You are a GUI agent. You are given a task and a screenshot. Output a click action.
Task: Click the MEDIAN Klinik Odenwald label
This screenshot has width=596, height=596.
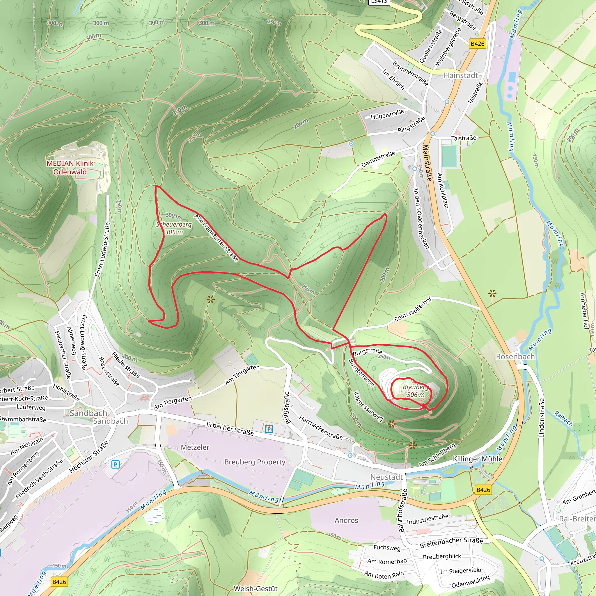[70, 168]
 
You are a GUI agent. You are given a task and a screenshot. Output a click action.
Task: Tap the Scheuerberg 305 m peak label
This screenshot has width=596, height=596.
[174, 228]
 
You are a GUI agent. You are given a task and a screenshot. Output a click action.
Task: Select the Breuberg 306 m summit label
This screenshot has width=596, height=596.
[416, 391]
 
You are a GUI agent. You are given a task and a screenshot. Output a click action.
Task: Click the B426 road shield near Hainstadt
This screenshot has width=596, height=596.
[477, 43]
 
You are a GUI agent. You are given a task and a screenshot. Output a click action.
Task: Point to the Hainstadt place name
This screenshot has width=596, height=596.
[461, 75]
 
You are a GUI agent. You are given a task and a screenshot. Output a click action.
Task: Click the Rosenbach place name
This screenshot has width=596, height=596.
[515, 356]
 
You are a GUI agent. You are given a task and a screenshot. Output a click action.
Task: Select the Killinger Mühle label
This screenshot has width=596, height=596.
[477, 459]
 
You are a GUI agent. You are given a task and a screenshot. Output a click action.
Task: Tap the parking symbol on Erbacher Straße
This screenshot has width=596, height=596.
[269, 429]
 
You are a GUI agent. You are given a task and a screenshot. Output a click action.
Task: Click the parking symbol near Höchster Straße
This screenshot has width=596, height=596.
[115, 464]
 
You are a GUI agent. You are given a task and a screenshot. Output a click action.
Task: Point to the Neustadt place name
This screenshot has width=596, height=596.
[386, 477]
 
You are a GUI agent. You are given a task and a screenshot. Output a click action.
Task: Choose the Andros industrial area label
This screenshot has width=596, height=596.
[346, 520]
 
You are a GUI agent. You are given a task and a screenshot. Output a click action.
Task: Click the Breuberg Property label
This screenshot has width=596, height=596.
[255, 462]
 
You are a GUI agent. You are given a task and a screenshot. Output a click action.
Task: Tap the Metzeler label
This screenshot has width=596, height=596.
[195, 447]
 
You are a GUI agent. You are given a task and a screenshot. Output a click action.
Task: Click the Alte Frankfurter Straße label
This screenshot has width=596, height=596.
[216, 238]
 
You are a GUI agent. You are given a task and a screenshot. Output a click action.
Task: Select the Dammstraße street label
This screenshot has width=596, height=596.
[378, 159]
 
